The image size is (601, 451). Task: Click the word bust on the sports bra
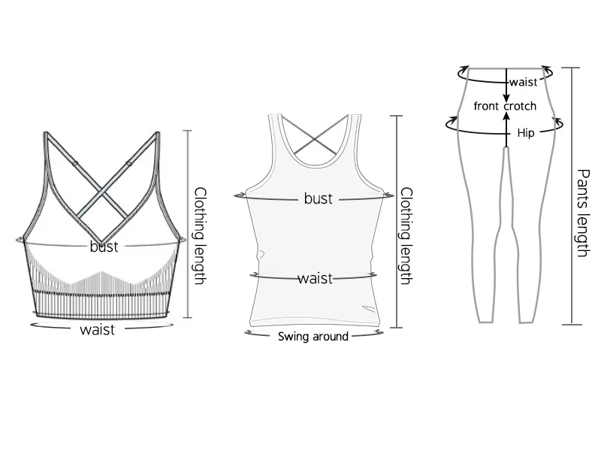[x=104, y=246]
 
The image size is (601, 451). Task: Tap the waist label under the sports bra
[x=98, y=328]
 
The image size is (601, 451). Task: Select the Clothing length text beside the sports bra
[x=200, y=235]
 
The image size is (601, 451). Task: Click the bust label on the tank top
[x=318, y=198]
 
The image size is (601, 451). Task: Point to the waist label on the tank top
[x=315, y=278]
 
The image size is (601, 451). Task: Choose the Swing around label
[x=313, y=336]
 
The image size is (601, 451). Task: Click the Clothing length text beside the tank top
[x=405, y=235]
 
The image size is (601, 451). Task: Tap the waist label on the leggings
[x=524, y=82]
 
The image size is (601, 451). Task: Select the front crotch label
[x=505, y=106]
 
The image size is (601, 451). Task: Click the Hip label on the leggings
[x=526, y=133]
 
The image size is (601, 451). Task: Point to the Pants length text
[x=581, y=213]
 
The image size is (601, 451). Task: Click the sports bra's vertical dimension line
[x=187, y=224]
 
